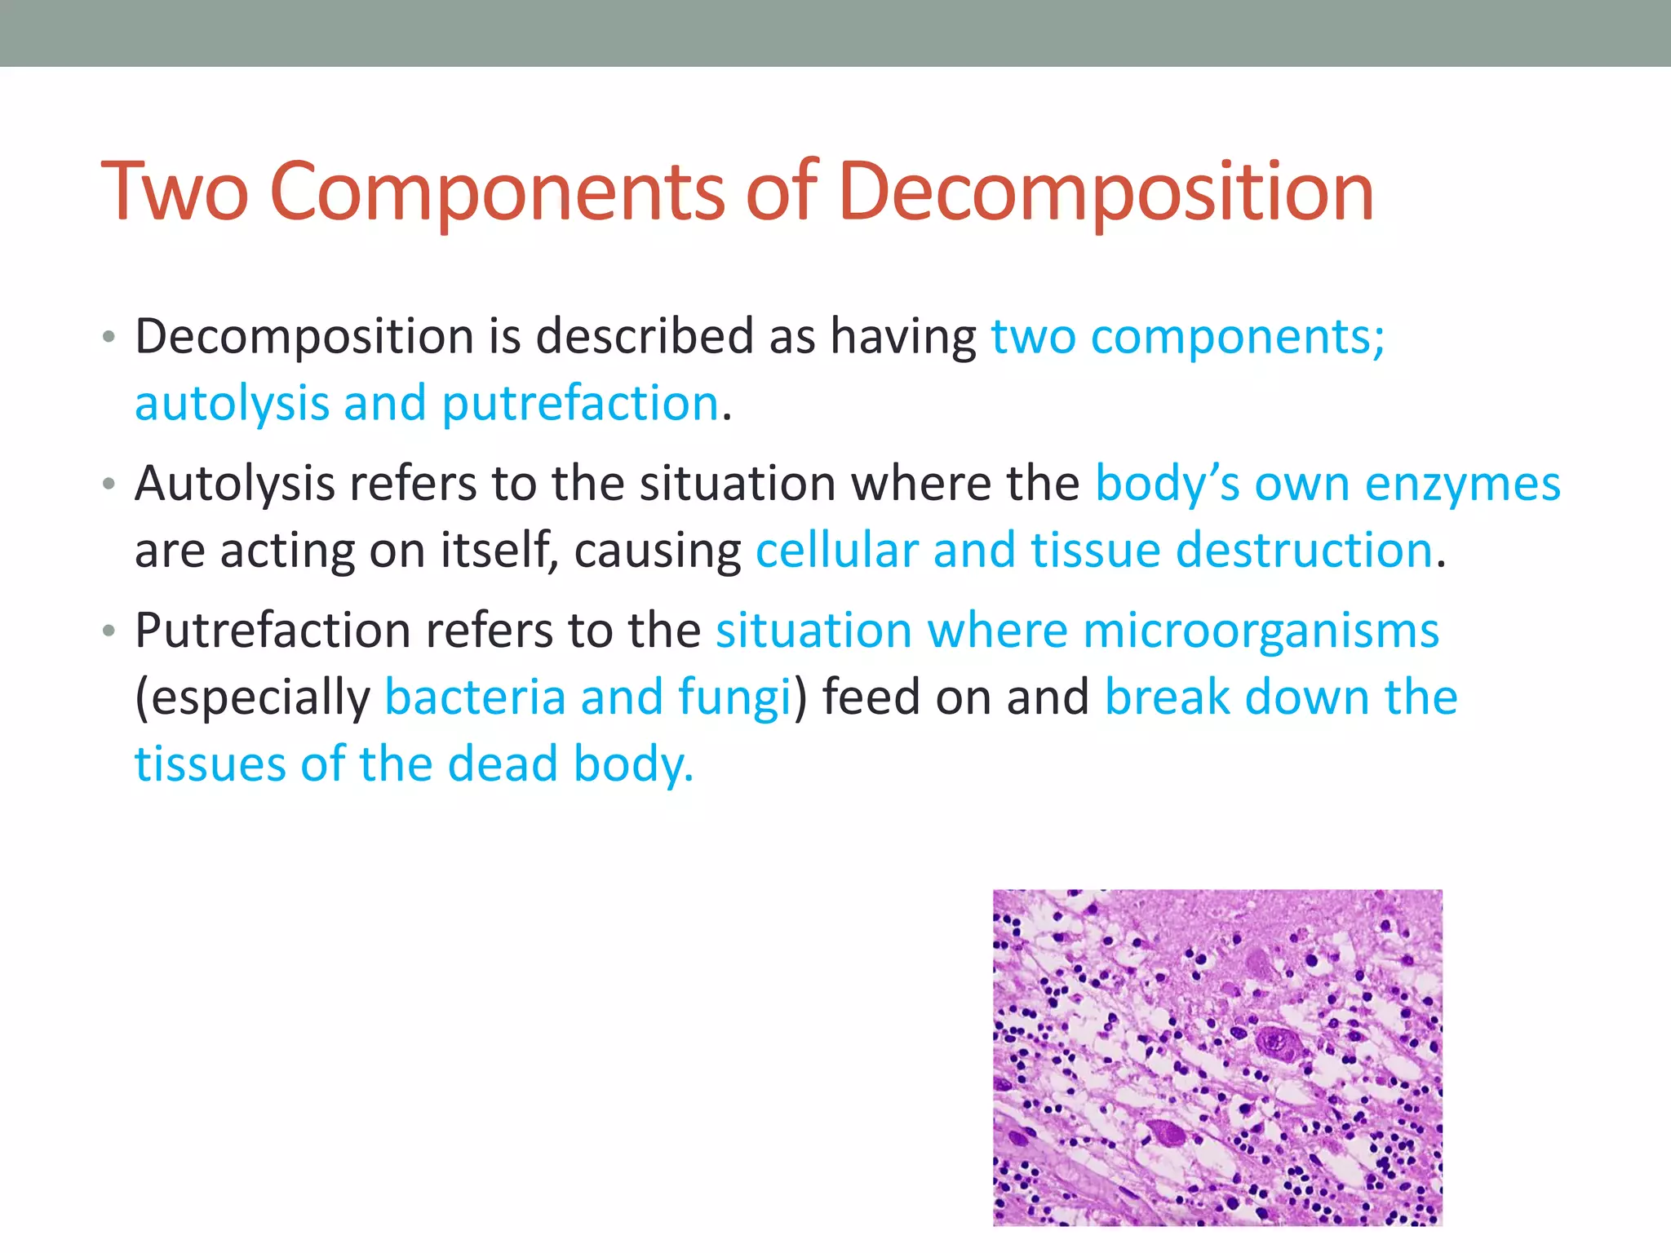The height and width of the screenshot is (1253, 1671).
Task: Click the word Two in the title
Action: [174, 193]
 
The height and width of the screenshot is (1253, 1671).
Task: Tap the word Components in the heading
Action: [496, 193]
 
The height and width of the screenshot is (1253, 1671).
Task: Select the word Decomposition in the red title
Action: [1106, 193]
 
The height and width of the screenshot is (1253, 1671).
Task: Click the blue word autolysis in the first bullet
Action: [231, 404]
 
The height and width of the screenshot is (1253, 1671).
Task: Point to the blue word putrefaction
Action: [580, 404]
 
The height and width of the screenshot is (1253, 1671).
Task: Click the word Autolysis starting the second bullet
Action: [235, 484]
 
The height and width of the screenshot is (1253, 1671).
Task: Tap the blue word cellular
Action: [837, 550]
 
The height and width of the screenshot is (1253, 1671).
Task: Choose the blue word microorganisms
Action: [1261, 631]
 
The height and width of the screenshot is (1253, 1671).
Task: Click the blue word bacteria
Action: [475, 697]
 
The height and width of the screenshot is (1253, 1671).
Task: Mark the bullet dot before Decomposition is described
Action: [109, 337]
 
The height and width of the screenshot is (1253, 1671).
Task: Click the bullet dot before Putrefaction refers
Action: [109, 631]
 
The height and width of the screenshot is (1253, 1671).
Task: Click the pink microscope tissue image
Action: [1217, 1057]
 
